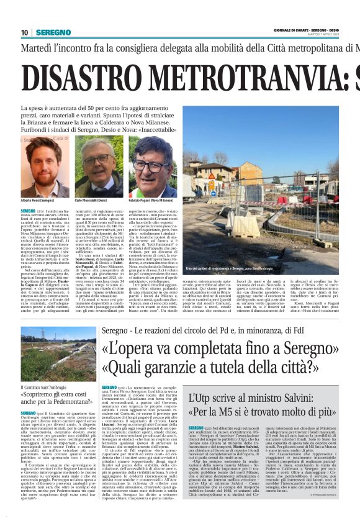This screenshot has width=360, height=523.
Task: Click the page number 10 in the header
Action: point(25,32)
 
